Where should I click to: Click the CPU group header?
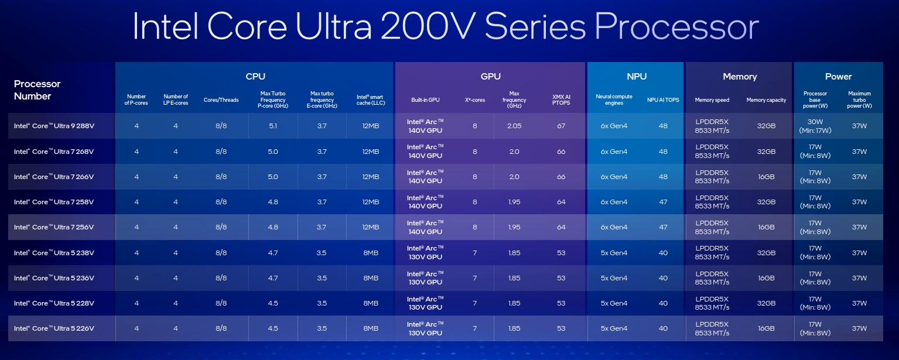[x=255, y=77]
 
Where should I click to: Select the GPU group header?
[x=490, y=77]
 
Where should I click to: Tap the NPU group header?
[x=636, y=77]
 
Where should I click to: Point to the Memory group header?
[x=739, y=77]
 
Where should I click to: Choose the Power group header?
[x=838, y=77]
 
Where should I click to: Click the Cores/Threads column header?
[x=221, y=100]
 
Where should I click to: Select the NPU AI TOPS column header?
[x=663, y=100]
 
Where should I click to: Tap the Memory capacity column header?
[x=766, y=100]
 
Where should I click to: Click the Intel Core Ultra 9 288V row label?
[x=54, y=126]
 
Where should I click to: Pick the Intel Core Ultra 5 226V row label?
[x=54, y=328]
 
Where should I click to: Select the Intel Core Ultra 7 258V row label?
[x=54, y=202]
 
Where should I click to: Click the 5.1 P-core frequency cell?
[x=272, y=126]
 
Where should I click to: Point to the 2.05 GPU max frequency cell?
[x=514, y=126]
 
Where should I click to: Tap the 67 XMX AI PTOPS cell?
[x=561, y=126]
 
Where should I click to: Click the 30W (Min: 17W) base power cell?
[x=815, y=126]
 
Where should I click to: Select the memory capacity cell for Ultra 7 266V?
[x=766, y=177]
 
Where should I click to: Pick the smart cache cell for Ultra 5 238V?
[x=371, y=253]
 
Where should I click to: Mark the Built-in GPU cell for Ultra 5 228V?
[x=425, y=303]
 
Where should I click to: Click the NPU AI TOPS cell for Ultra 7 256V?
[x=663, y=227]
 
